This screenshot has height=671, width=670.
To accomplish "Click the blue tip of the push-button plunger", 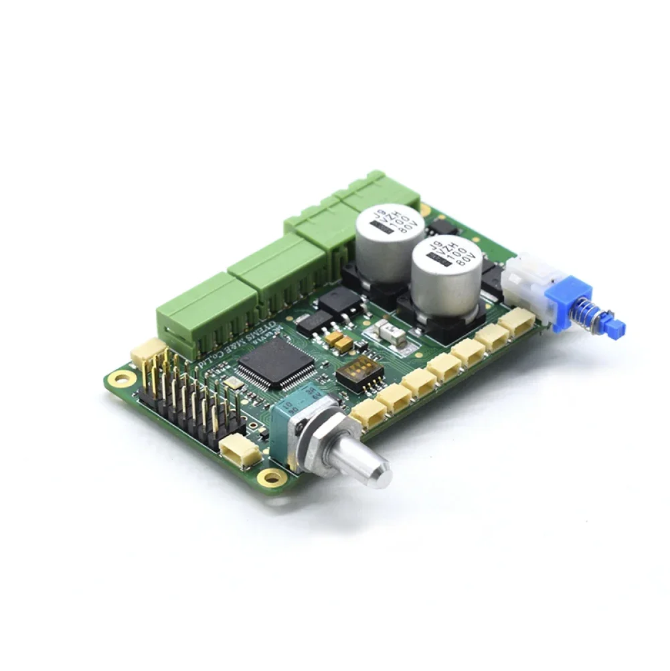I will pos(616,327).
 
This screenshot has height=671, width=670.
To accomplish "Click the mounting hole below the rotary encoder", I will pos(271,477).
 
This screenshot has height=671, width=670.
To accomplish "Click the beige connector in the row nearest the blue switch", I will pos(516,322).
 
